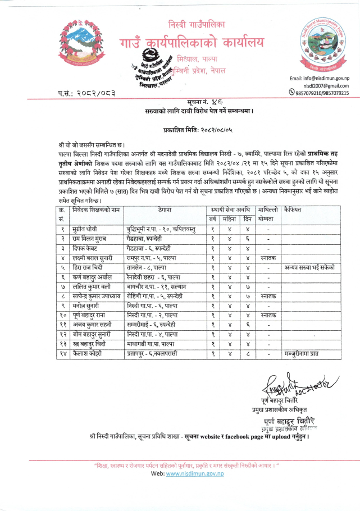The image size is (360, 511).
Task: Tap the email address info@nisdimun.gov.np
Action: point(319,78)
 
